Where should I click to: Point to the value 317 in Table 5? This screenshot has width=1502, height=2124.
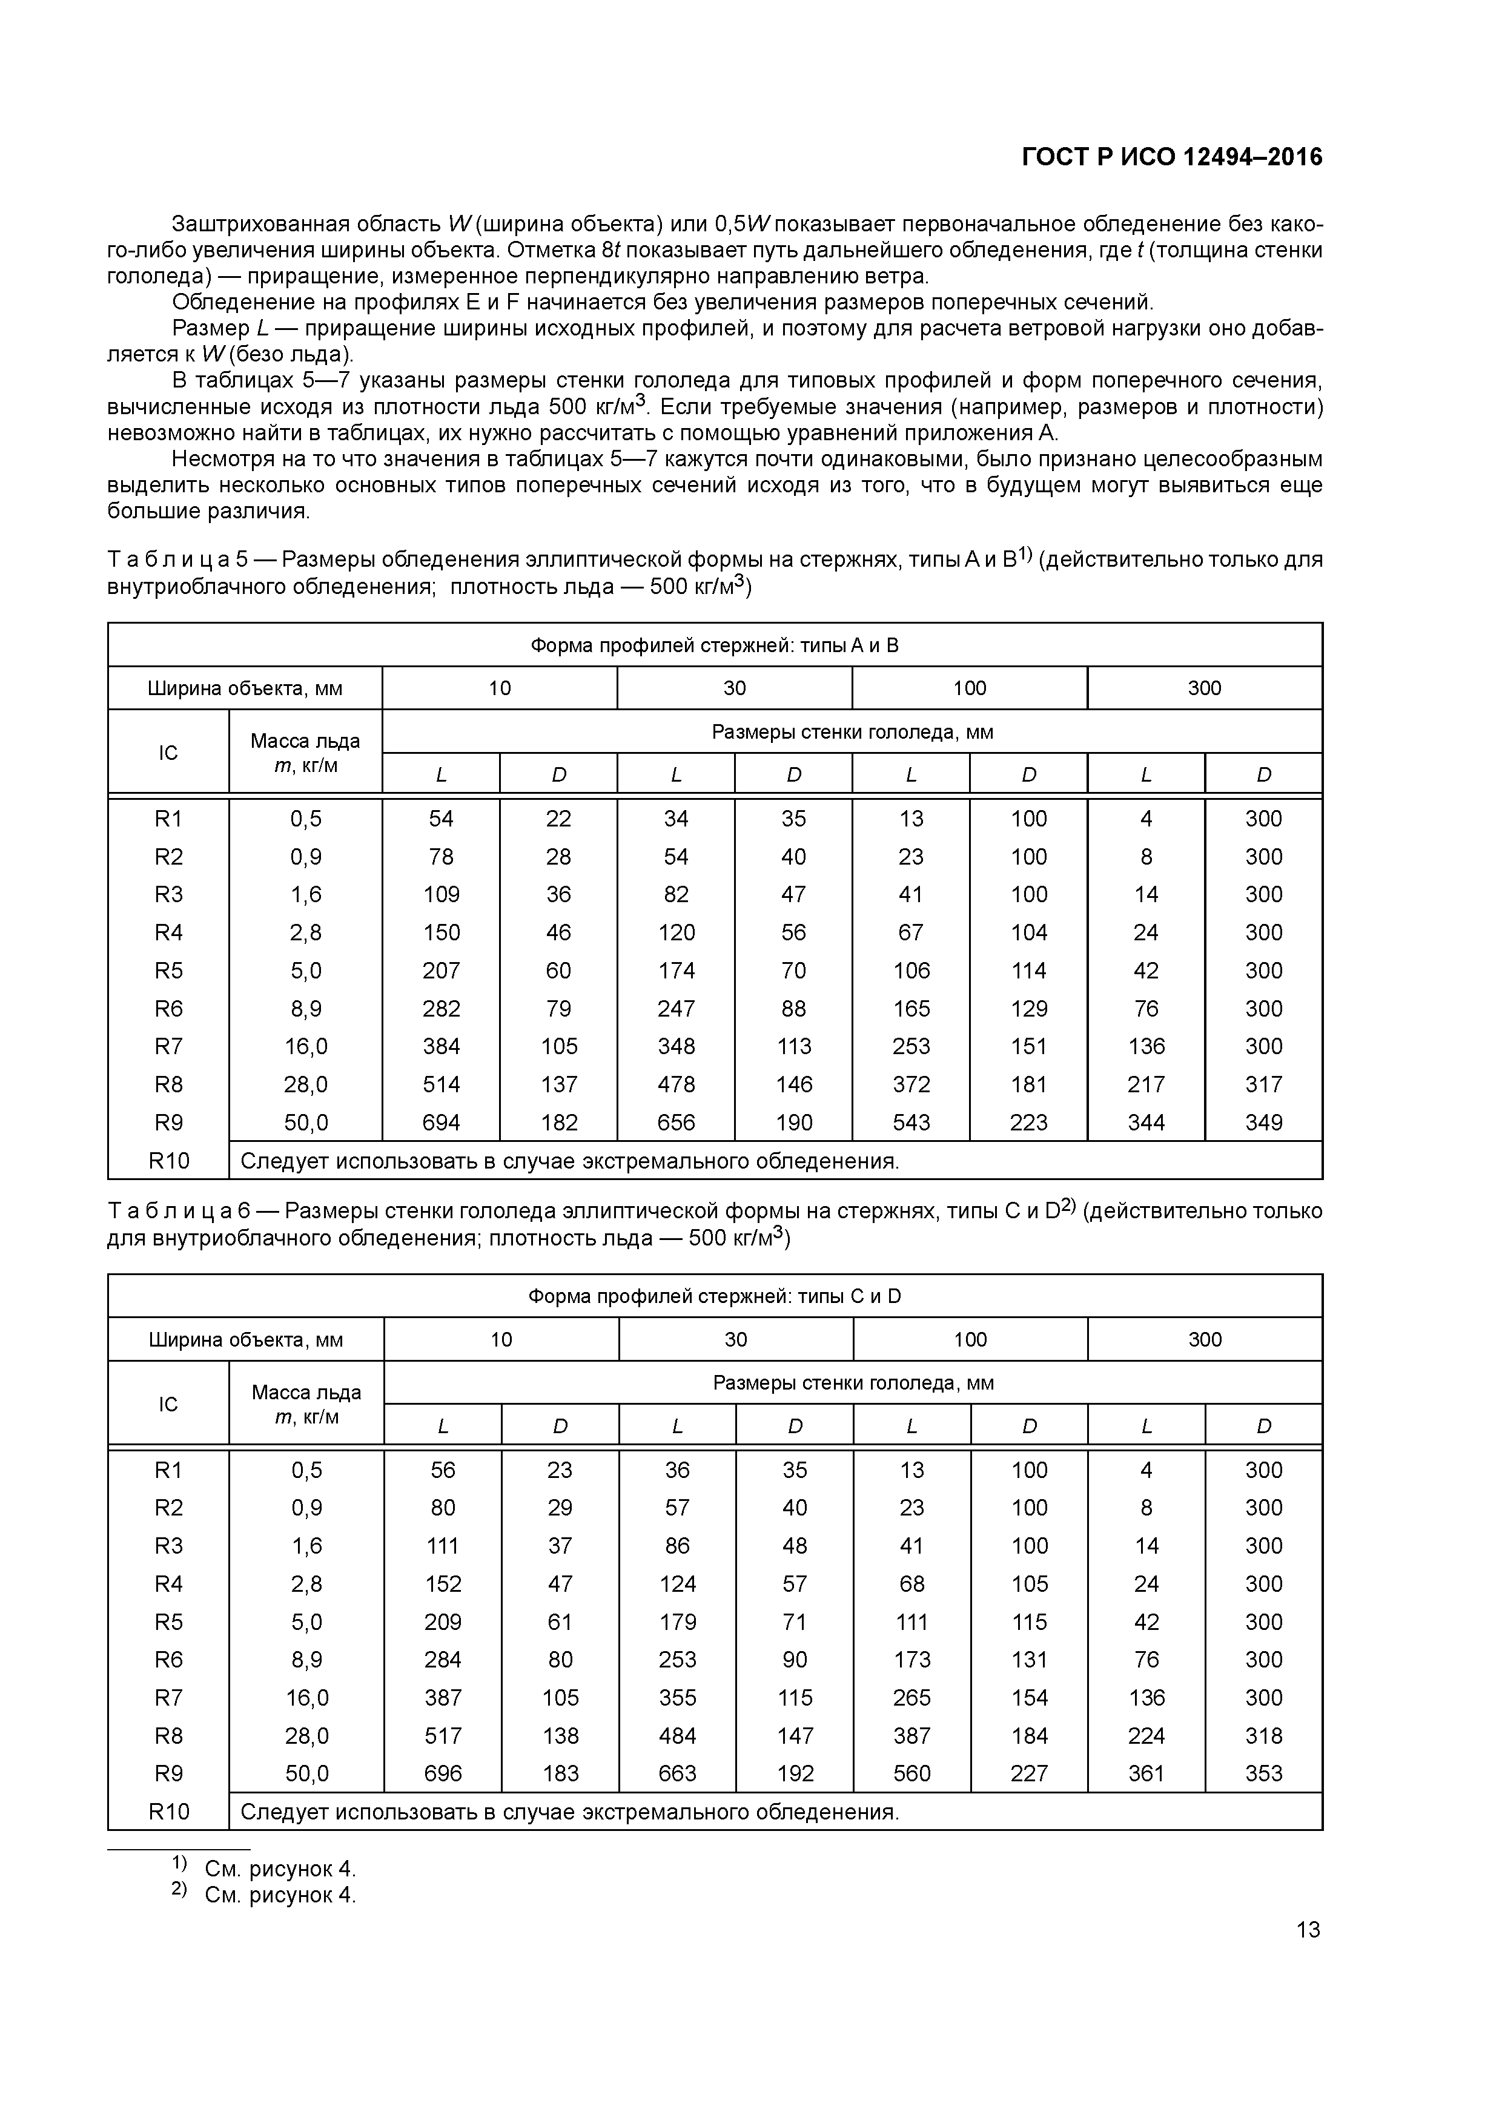[x=1263, y=1084]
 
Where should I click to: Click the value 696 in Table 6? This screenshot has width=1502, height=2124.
[x=442, y=1773]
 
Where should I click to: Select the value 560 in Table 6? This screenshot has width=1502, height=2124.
[x=911, y=1773]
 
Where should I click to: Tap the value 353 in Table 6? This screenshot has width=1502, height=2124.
[x=1263, y=1773]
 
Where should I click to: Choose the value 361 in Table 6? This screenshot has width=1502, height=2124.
[x=1146, y=1773]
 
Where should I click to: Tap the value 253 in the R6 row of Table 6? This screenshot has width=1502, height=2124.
[x=677, y=1660]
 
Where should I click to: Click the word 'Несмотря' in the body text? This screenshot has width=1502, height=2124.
[x=217, y=460]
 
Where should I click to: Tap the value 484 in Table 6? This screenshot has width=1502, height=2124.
[x=677, y=1735]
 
